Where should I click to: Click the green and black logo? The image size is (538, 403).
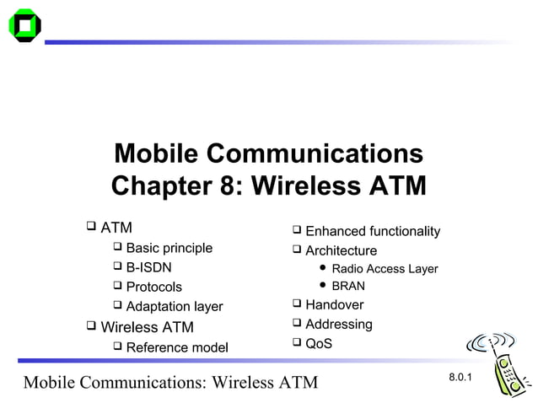24,25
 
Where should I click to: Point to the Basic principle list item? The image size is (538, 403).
169,248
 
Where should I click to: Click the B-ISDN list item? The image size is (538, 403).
148,267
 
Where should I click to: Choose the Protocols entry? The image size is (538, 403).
153,287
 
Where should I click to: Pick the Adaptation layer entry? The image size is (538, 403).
174,307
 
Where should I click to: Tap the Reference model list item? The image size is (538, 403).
176,347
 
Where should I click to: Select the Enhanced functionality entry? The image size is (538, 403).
372,231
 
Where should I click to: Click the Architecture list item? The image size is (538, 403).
341,250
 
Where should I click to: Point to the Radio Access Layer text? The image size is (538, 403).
385,269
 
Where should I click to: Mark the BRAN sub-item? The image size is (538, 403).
348,286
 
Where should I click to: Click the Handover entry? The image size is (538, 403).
334,304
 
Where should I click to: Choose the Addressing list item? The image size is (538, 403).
338,324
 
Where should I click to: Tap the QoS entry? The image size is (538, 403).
318,343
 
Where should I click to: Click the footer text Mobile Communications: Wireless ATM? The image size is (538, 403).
170,383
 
